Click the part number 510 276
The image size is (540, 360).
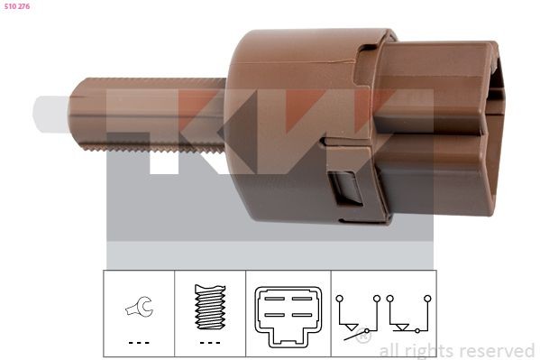pos(17,6)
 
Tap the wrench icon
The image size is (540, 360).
pos(139,307)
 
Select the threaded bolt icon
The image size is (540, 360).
pos(210,307)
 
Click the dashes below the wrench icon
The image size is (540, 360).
pos(139,343)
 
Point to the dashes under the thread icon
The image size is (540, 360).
pos(210,343)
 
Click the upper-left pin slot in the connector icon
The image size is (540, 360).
pos(275,299)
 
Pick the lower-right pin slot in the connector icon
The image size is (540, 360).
pos(302,315)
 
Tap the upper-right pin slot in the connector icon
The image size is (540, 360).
pos(302,299)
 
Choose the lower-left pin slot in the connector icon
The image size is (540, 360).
pos(275,315)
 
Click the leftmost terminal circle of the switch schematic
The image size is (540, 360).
pos(340,299)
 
